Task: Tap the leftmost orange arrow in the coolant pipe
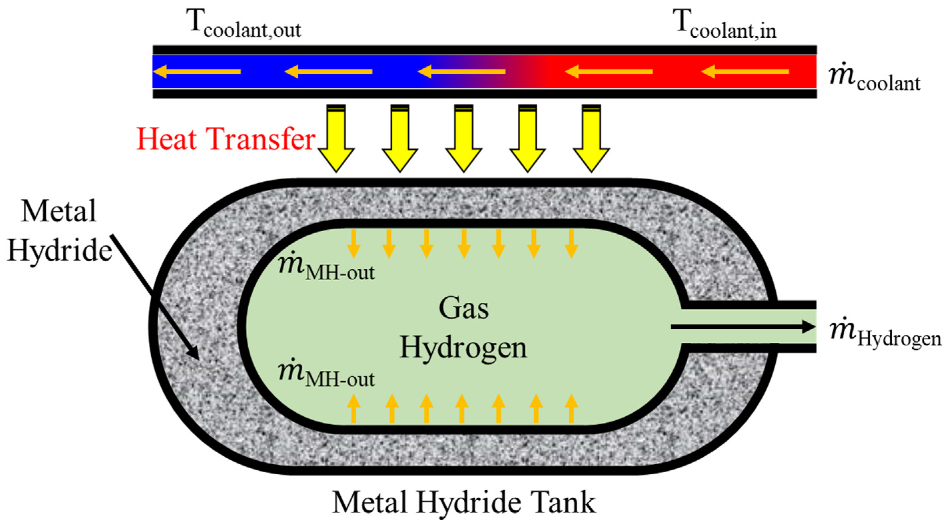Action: pos(197,71)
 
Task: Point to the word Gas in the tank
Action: pos(464,308)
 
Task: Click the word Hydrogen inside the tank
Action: pos(464,347)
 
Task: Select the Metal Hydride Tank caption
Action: pos(464,502)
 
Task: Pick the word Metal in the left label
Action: pos(59,211)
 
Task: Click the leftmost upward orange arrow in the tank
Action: pos(354,408)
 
